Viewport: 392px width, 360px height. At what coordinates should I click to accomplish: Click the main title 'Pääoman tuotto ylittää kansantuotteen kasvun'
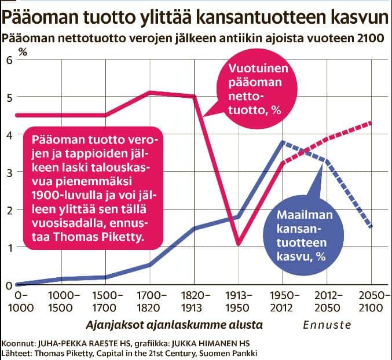coord(195,15)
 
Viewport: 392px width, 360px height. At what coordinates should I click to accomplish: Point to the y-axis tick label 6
coord(8,59)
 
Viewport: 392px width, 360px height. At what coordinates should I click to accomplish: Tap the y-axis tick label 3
coord(8,172)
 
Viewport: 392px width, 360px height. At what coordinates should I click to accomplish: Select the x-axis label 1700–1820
coord(149,301)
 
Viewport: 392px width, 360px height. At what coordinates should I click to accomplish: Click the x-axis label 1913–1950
coord(239,301)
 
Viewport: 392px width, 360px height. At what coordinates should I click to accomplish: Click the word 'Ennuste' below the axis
coord(327,325)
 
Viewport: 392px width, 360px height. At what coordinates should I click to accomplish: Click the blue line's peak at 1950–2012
coord(282,142)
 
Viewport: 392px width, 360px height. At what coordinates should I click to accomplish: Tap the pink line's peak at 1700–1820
coord(149,92)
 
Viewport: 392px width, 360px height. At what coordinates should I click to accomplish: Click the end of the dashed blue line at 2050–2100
coord(371,227)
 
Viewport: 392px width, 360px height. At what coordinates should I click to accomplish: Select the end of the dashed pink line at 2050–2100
coord(371,123)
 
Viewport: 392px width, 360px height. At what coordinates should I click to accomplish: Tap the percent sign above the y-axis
coord(23,51)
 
